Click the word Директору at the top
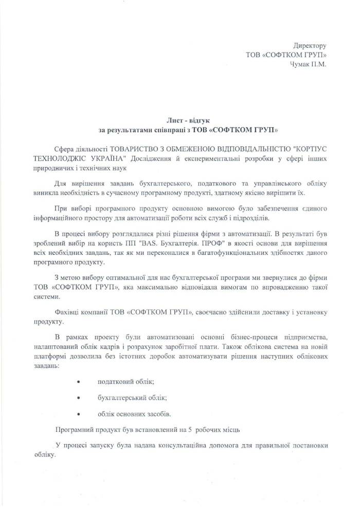pos(310,46)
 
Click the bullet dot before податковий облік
pos(78,382)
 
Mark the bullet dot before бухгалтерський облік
pos(78,398)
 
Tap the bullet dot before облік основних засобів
pos(78,414)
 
